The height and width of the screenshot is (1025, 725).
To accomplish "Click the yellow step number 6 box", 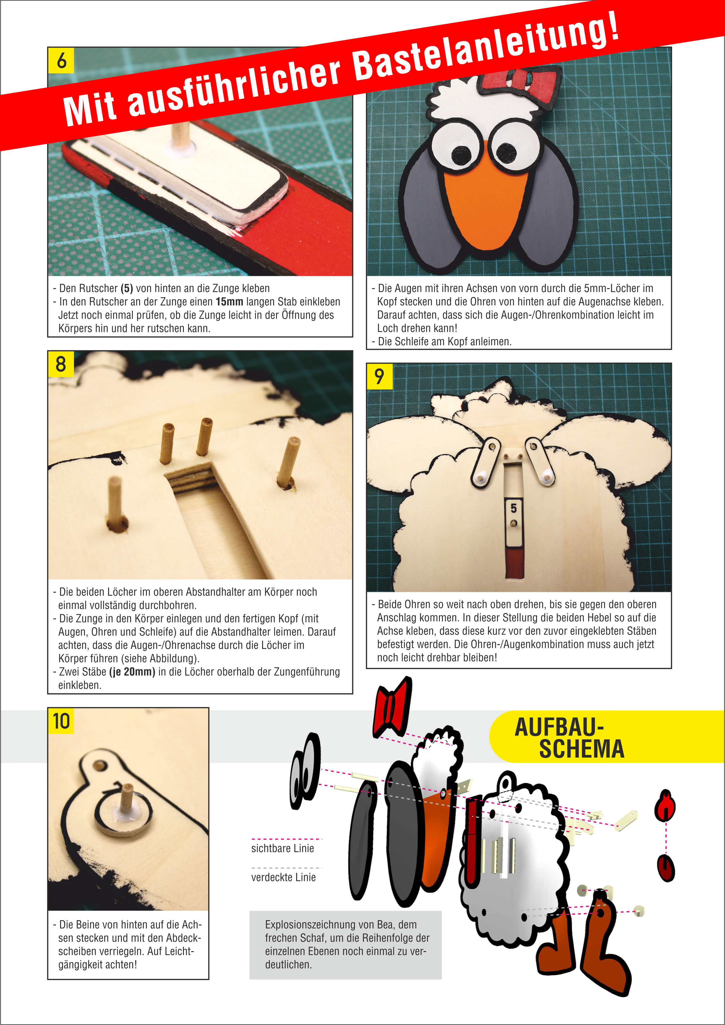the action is tap(61, 60).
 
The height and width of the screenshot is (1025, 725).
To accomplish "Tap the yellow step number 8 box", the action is tap(61, 364).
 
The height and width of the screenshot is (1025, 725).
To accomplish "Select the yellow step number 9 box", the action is tap(379, 376).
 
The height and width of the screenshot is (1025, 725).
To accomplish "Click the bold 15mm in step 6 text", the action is tap(229, 302).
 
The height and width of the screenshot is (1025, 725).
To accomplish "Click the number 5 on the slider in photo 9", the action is tap(513, 508).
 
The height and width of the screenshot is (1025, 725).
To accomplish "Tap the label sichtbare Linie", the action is tap(283, 848).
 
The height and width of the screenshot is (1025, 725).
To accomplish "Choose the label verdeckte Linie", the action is tap(283, 877).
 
